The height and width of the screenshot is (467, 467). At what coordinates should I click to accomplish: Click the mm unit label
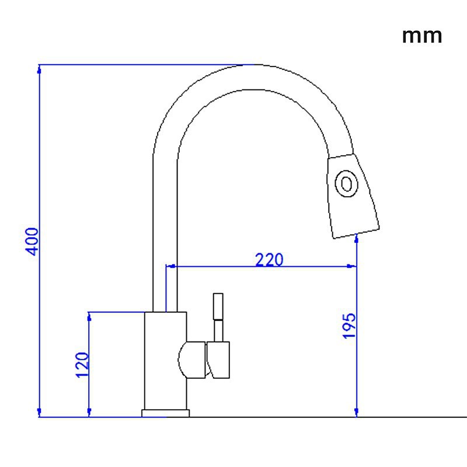tap(421, 37)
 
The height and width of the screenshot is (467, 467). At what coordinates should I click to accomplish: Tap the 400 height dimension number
tap(32, 242)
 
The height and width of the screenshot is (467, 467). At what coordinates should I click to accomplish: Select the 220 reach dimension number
tap(269, 259)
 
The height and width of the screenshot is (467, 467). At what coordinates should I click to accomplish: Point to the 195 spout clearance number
tap(349, 326)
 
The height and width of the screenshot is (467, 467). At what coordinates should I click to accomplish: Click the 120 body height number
tap(82, 365)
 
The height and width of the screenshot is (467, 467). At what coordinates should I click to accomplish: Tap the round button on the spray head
tap(346, 183)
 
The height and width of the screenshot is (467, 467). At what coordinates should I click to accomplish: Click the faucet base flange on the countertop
tap(165, 413)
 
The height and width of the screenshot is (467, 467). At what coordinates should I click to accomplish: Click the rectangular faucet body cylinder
tap(166, 361)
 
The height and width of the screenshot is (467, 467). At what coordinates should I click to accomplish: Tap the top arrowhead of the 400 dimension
tap(39, 69)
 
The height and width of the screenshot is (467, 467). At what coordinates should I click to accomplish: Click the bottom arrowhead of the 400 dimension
tap(39, 413)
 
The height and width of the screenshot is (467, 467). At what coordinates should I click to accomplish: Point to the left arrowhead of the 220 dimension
tap(170, 266)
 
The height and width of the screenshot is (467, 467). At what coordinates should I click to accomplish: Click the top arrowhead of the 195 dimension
tap(357, 239)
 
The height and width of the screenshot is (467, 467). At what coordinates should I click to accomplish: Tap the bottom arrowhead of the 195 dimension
tap(357, 413)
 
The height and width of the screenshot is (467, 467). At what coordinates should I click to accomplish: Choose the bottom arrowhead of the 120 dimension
tap(89, 413)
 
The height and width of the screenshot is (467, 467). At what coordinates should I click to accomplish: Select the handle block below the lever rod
tap(218, 360)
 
